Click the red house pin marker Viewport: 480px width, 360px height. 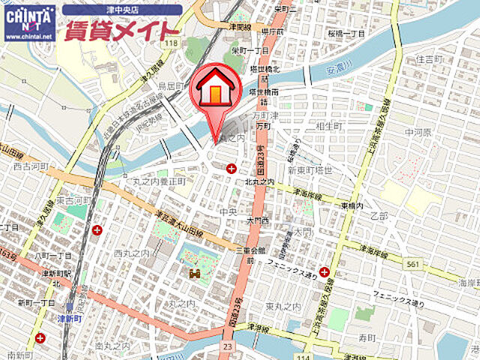[214, 93]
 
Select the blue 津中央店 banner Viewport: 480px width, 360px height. [121, 10]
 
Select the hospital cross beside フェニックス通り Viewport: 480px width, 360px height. [324, 272]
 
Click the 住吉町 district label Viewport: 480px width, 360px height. [430, 58]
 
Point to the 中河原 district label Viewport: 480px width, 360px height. [418, 132]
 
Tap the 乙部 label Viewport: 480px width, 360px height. [379, 216]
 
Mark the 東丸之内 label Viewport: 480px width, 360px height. [283, 307]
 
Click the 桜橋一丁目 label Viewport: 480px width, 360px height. [346, 34]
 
